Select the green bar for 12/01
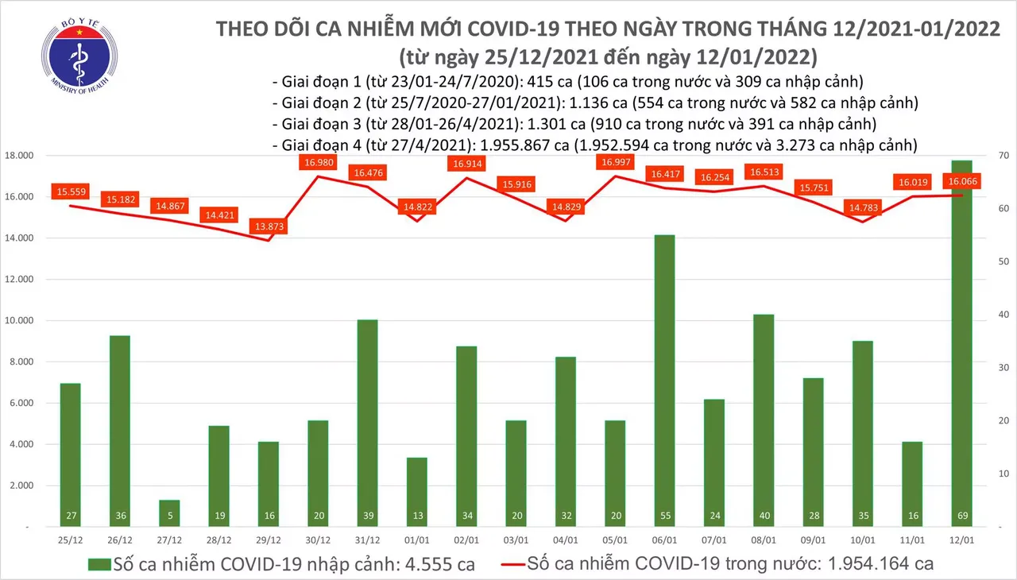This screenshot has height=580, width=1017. (961, 342)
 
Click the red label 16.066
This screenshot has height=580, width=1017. (962, 181)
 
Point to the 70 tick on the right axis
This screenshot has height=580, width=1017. (1003, 156)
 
